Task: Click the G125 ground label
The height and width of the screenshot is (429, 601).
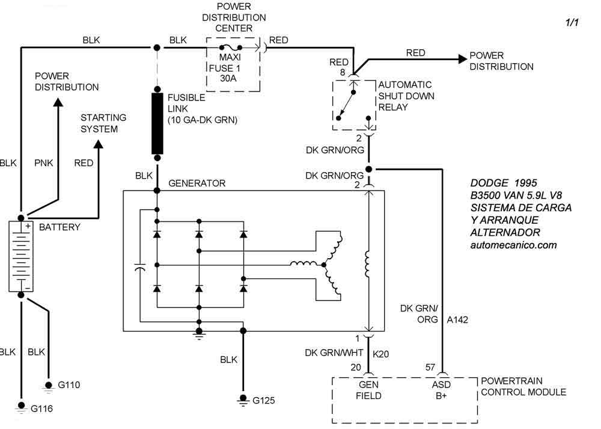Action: click(x=264, y=400)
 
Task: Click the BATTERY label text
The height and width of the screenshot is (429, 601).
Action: click(x=59, y=227)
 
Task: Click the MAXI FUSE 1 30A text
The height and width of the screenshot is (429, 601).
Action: click(x=224, y=68)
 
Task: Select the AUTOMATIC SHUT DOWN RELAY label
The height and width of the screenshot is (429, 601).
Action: click(x=406, y=96)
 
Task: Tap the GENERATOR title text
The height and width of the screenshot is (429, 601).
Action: click(x=197, y=183)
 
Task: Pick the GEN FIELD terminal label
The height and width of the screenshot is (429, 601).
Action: click(x=367, y=390)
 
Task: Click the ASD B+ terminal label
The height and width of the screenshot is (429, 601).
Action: click(x=442, y=390)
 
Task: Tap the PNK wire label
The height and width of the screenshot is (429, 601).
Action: click(x=43, y=162)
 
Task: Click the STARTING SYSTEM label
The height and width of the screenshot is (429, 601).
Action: click(x=103, y=123)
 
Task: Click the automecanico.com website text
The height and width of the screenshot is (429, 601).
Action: click(x=513, y=245)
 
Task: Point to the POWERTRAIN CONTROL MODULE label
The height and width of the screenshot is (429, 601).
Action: click(x=523, y=386)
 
